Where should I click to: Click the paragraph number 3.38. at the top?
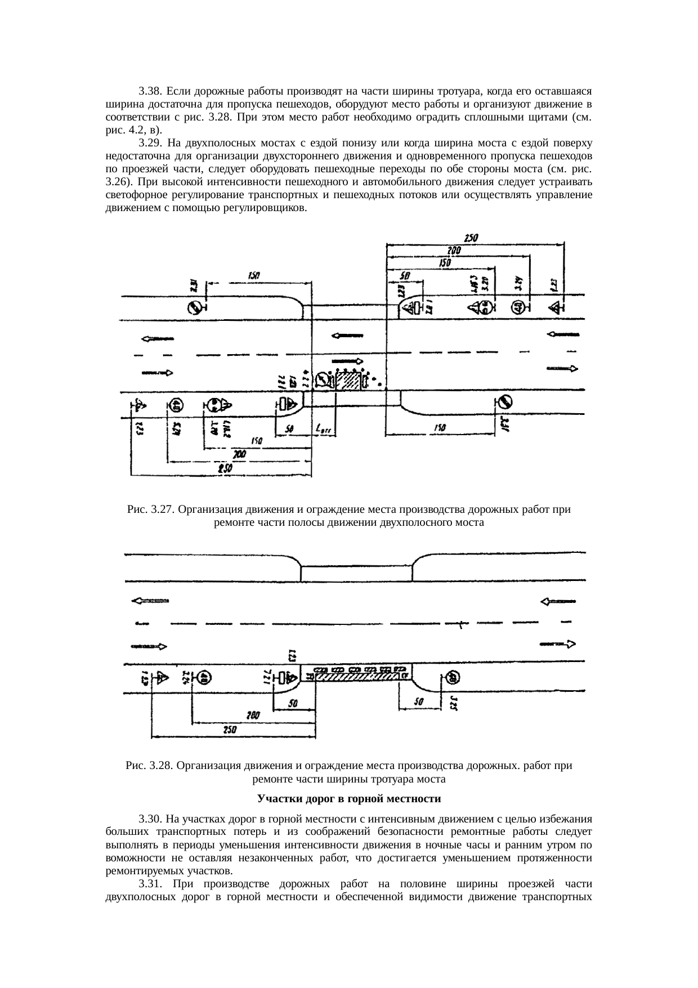point(150,91)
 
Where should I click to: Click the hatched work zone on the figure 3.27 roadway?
point(348,381)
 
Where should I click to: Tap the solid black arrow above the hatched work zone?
point(349,361)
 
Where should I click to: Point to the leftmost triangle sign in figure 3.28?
point(162,678)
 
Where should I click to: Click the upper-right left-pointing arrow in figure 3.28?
point(557,601)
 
